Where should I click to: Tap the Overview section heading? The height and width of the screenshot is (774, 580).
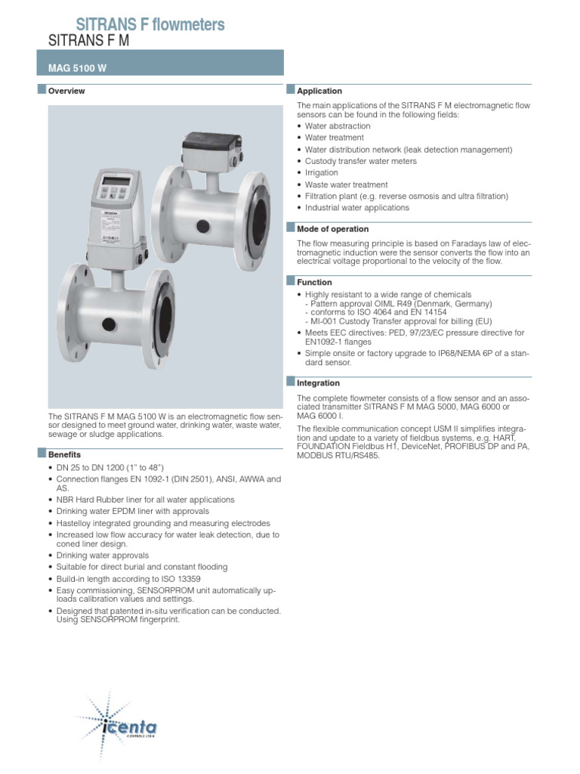(x=66, y=91)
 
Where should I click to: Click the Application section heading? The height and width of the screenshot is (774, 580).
(x=319, y=91)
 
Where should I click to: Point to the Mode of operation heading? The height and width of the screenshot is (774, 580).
(x=333, y=229)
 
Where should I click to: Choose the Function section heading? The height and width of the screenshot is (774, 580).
(x=314, y=283)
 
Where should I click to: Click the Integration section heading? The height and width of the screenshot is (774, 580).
(x=319, y=383)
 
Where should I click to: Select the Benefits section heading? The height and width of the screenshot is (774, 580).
(x=65, y=455)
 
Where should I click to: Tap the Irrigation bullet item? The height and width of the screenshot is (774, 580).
(x=322, y=173)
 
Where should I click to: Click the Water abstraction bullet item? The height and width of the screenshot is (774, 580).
(x=338, y=126)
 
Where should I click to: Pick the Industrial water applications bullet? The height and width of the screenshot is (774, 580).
(x=357, y=208)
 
